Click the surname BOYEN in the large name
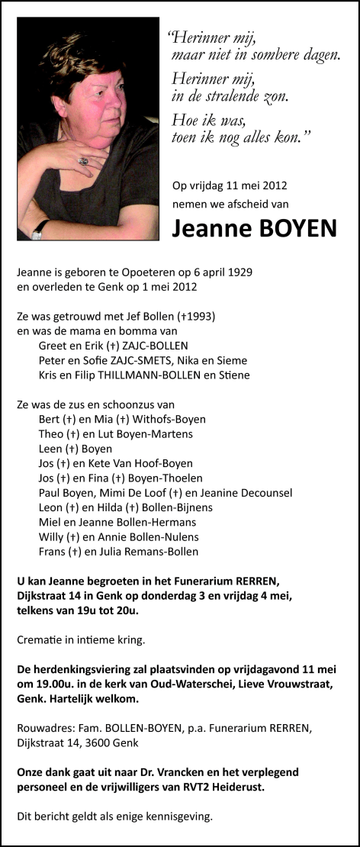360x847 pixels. click(x=294, y=227)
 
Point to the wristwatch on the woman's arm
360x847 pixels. click(x=38, y=228)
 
